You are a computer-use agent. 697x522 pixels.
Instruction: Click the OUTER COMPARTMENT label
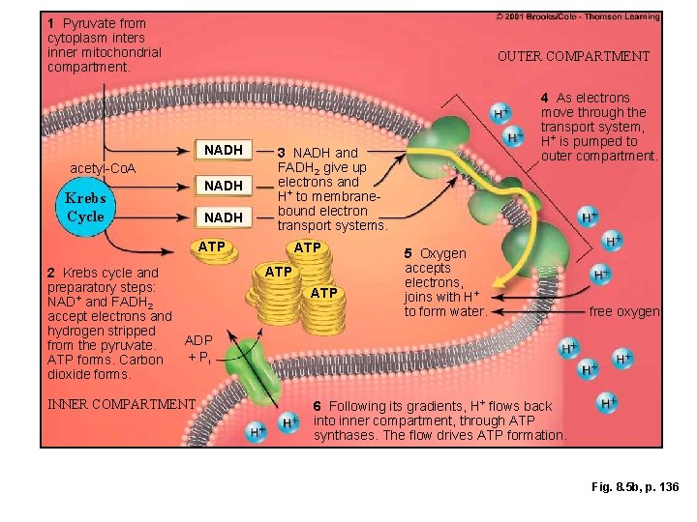tap(573, 56)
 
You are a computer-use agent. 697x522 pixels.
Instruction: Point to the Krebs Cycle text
tap(85, 208)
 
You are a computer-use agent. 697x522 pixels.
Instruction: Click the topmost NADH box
tap(224, 150)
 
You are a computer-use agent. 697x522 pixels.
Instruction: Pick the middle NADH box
tap(224, 185)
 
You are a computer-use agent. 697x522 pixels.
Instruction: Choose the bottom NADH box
tap(224, 217)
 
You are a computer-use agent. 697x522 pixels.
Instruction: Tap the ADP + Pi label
tap(198, 349)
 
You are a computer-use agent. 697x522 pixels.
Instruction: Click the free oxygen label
tap(625, 311)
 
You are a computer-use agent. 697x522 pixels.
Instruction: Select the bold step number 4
tap(545, 98)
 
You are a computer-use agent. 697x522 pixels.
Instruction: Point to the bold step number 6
tap(318, 406)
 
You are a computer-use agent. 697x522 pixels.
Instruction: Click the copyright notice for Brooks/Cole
tap(578, 16)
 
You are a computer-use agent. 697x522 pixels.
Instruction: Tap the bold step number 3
tap(282, 153)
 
